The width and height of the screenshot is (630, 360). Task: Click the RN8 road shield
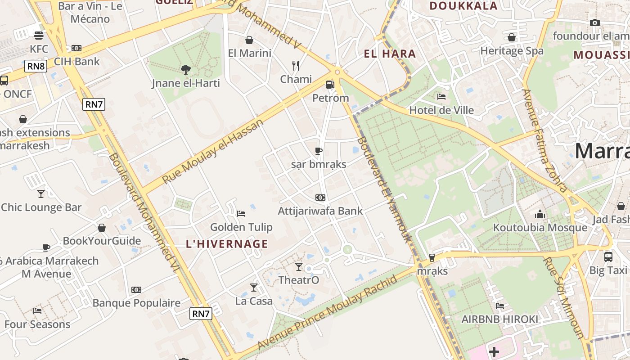[36, 67]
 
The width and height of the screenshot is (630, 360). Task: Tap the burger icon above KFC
[38, 35]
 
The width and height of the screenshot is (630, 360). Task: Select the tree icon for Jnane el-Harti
[185, 69]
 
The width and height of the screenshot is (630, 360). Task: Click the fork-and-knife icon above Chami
[296, 66]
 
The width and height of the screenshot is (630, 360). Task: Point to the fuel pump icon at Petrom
[330, 85]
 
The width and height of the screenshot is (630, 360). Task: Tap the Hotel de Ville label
[441, 110]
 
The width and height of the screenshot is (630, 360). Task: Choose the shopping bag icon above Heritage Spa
[512, 37]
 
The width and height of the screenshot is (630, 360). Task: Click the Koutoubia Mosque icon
[540, 214]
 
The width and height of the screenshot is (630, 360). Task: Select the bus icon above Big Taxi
[608, 257]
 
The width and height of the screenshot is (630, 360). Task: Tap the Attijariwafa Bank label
[320, 211]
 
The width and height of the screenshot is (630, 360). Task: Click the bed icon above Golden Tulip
[241, 213]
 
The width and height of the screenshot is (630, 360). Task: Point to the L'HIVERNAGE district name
[227, 244]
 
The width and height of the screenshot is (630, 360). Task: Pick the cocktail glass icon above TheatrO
[299, 267]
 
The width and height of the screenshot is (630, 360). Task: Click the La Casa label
[254, 301]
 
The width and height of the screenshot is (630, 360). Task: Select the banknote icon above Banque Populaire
[136, 290]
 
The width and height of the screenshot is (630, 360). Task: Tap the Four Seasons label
[37, 324]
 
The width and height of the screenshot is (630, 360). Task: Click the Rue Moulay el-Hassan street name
[212, 151]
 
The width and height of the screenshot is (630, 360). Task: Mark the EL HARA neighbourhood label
[390, 54]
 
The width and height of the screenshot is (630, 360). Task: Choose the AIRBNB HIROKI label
[499, 319]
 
